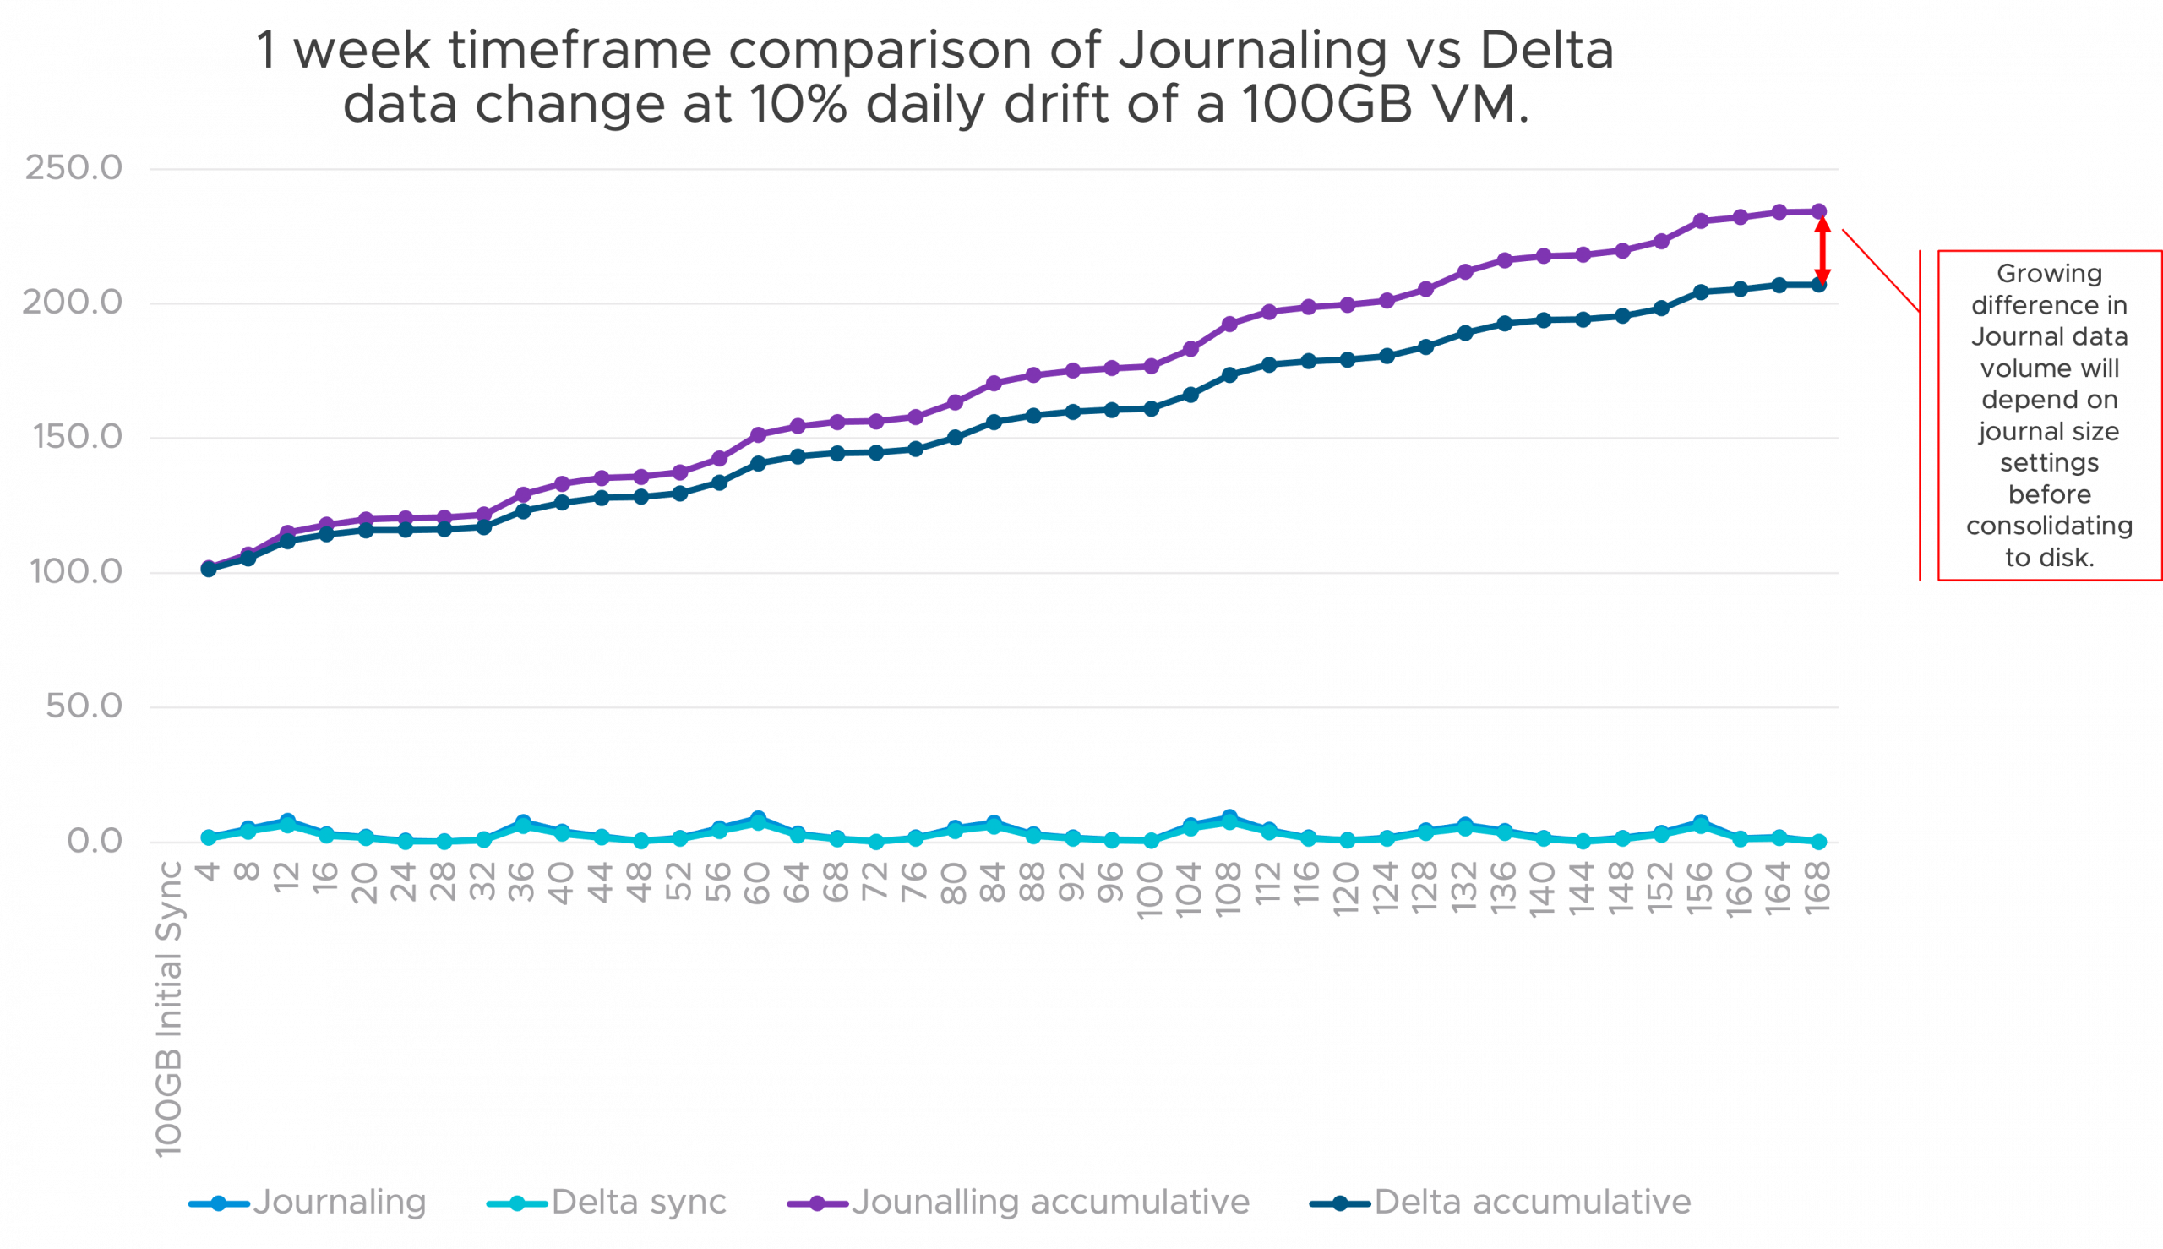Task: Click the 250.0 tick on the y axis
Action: click(73, 168)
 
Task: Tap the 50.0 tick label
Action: click(83, 706)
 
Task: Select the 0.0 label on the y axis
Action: click(95, 841)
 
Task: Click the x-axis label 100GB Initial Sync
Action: click(170, 1009)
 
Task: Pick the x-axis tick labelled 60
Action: click(758, 883)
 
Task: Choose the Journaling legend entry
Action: click(339, 1203)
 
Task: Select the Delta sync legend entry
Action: click(638, 1203)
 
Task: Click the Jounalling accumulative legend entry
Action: click(1049, 1203)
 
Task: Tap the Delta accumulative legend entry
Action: click(1532, 1203)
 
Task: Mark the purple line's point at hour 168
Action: click(1818, 210)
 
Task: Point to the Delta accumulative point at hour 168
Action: click(1818, 285)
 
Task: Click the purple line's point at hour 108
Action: click(1229, 324)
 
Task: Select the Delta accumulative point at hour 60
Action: click(758, 463)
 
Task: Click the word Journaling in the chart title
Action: click(1252, 50)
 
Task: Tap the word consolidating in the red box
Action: click(2049, 526)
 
